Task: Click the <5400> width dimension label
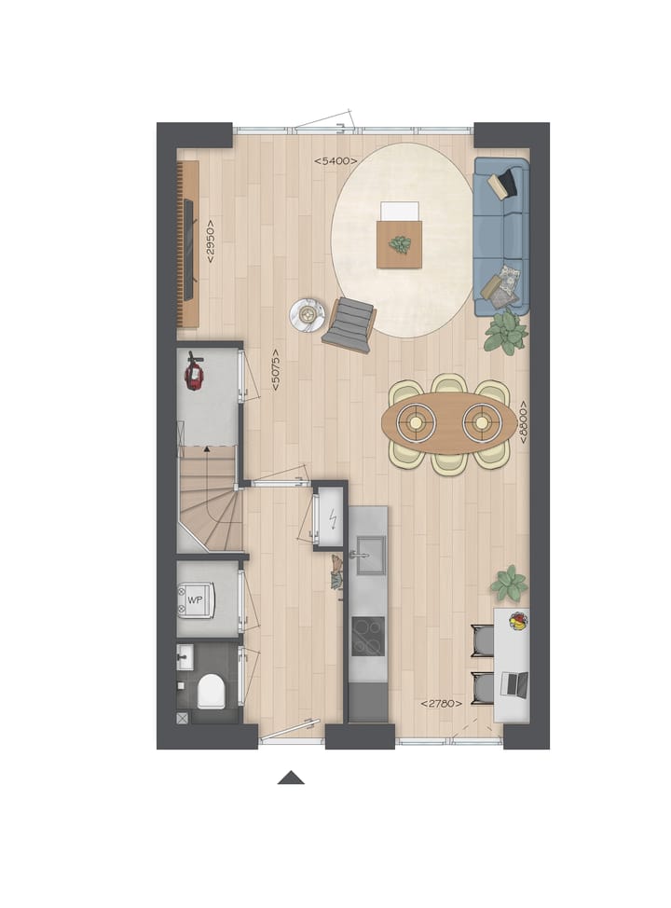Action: pos(335,161)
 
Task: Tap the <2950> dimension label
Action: pos(211,241)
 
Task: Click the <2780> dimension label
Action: pos(441,703)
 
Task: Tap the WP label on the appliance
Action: pos(195,599)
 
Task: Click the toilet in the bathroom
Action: pos(211,691)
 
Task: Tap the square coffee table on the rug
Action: pos(399,243)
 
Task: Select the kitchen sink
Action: pos(367,554)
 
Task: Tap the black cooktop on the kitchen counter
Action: pos(367,636)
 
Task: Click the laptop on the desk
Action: pos(514,684)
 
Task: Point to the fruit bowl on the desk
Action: pos(516,620)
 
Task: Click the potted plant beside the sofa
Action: pos(505,332)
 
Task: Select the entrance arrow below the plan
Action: pos(291,777)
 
